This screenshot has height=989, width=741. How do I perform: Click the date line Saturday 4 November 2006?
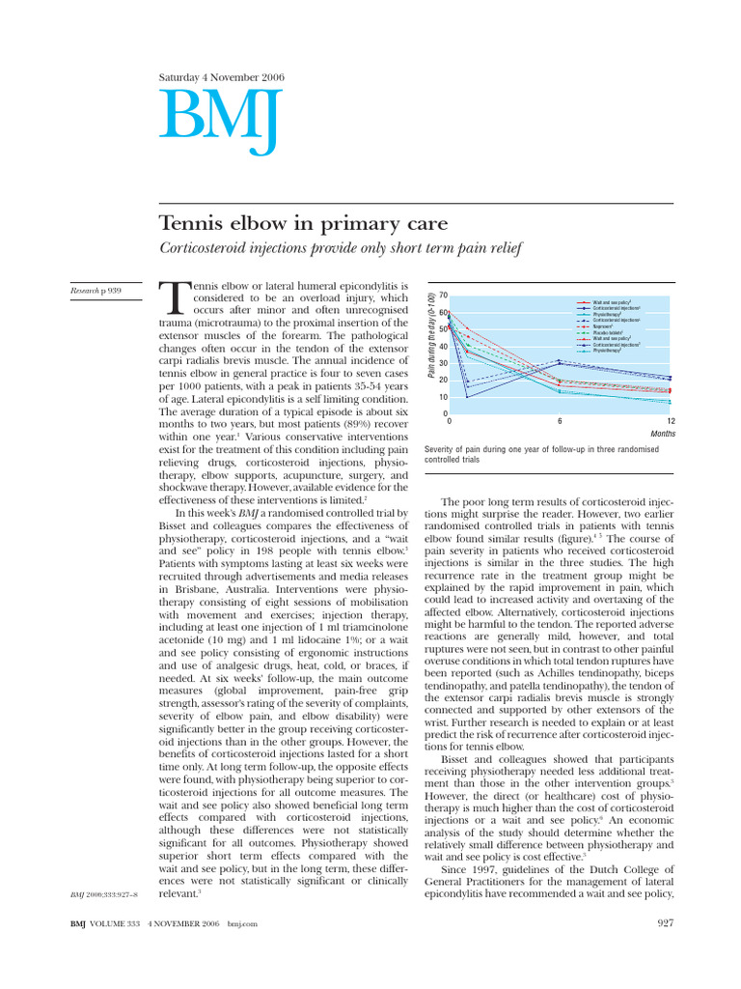[214, 76]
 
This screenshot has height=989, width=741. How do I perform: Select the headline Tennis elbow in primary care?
[303, 224]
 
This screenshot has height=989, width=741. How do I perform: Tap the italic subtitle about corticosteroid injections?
[340, 249]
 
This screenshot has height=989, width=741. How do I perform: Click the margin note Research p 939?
[96, 290]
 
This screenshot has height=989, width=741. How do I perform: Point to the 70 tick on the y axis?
[443, 295]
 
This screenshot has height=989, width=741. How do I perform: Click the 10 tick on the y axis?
[443, 397]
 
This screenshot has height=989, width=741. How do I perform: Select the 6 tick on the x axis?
[560, 422]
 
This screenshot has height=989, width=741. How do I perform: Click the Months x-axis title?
[663, 435]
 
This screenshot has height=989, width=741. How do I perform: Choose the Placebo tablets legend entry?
[609, 333]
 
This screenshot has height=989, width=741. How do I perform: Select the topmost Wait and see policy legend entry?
[612, 303]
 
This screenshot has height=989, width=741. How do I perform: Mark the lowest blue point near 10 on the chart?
[468, 397]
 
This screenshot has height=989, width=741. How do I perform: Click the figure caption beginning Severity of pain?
[541, 454]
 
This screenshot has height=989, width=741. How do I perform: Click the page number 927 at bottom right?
[661, 924]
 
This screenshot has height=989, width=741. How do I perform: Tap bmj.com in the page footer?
[243, 924]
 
